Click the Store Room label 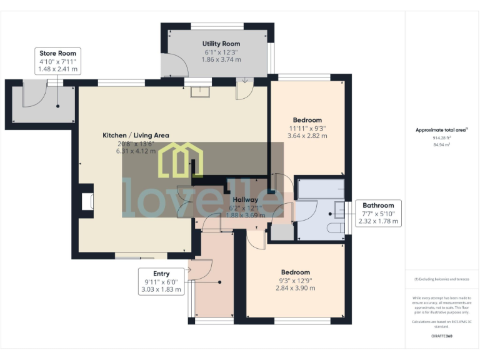point(58,54)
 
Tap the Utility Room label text point(221,43)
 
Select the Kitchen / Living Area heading point(136,135)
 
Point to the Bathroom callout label point(378,205)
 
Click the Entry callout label point(161,273)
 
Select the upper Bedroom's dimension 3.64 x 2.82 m point(307,136)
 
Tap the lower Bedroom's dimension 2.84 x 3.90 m point(295,288)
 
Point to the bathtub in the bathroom point(321,189)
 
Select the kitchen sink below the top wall point(200,92)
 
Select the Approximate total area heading point(441,130)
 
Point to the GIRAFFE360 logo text point(441,336)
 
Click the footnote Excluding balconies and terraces point(441,279)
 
